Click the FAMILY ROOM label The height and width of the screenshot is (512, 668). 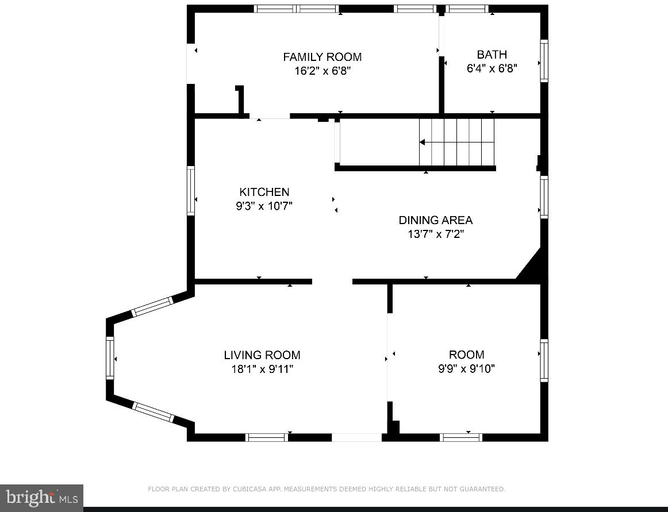pyautogui.click(x=322, y=57)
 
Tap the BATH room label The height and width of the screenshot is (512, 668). pyautogui.click(x=492, y=55)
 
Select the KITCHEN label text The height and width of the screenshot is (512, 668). pyautogui.click(x=264, y=192)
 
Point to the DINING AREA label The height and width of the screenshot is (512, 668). pyautogui.click(x=435, y=220)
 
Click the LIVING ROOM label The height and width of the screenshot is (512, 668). pyautogui.click(x=262, y=355)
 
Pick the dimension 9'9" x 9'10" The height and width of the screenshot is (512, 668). pyautogui.click(x=466, y=369)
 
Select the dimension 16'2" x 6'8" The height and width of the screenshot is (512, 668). pyautogui.click(x=322, y=71)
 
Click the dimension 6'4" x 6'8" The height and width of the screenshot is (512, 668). pyautogui.click(x=492, y=68)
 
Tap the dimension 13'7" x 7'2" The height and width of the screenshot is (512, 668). pyautogui.click(x=435, y=234)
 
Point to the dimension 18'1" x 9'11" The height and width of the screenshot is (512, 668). pyautogui.click(x=262, y=369)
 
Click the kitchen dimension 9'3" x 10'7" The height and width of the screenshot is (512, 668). pyautogui.click(x=264, y=206)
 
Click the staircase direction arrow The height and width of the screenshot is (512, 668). pyautogui.click(x=423, y=142)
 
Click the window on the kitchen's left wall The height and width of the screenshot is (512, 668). pyautogui.click(x=191, y=190)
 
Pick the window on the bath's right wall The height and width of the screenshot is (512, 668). pyautogui.click(x=544, y=61)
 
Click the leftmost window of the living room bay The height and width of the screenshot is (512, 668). pyautogui.click(x=110, y=358)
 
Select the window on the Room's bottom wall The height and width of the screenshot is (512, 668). pyautogui.click(x=460, y=437)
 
